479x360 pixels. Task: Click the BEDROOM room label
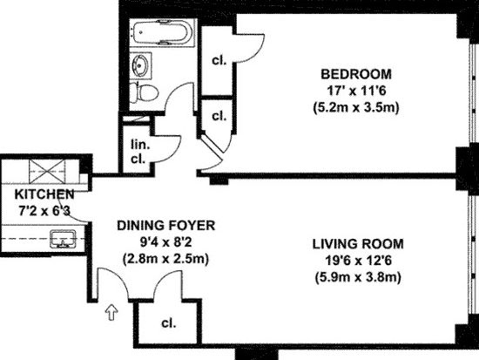pos(356,74)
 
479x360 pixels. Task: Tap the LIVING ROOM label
pos(358,244)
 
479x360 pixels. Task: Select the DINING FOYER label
pos(165,226)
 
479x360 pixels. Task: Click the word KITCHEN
pos(44,194)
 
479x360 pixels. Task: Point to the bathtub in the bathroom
pos(162,32)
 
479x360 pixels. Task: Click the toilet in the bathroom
pos(144,92)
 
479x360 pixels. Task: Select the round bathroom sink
pos(140,65)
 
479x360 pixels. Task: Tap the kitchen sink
pos(63,239)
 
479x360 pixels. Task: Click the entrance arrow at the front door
pos(111,313)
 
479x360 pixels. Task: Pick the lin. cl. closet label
pos(138,152)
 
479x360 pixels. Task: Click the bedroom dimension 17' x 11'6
pos(355,91)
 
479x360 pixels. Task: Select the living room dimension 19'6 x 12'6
pos(358,261)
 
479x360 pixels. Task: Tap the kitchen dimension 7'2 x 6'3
pos(44,211)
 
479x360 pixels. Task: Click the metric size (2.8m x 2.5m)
pos(165,259)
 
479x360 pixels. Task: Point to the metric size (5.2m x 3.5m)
pos(356,108)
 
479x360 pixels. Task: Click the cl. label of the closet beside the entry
pos(169,323)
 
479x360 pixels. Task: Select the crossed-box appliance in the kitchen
pos(47,172)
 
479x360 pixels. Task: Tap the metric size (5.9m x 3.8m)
pos(358,278)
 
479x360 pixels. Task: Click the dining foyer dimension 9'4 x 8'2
pos(165,242)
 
